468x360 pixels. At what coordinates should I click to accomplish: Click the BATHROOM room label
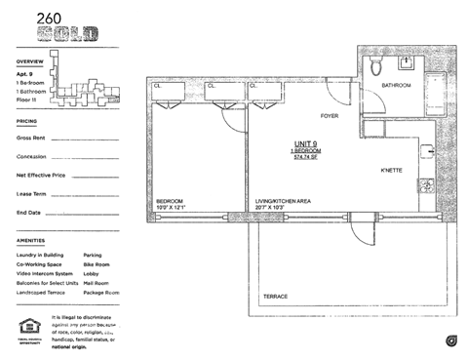click(x=396, y=86)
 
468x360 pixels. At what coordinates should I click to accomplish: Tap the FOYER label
click(x=329, y=115)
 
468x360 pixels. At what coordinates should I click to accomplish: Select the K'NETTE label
click(x=393, y=171)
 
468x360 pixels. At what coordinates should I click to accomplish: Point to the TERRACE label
click(x=277, y=296)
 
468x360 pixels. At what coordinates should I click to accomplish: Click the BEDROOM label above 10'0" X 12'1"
click(x=170, y=199)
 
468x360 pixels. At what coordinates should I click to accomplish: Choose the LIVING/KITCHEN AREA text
click(x=283, y=199)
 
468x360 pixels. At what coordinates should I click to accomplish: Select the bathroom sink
click(x=407, y=64)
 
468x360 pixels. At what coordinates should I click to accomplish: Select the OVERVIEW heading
click(x=31, y=60)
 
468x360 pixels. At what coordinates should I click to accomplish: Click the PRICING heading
click(x=27, y=122)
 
